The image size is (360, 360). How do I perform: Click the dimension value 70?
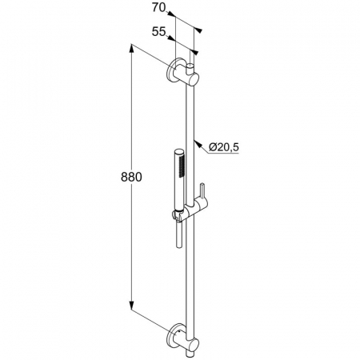point(159,8)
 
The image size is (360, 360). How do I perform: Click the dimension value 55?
point(159,32)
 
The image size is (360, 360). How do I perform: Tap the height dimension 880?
point(131,177)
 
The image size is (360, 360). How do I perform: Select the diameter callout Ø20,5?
point(223,147)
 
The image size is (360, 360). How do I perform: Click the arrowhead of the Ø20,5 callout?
point(197,143)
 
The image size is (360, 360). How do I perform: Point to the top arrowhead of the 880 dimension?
point(131,49)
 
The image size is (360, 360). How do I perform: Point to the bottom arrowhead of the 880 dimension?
point(131,306)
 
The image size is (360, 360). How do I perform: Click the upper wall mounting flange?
point(173,71)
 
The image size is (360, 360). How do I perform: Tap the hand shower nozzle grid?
point(182,166)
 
